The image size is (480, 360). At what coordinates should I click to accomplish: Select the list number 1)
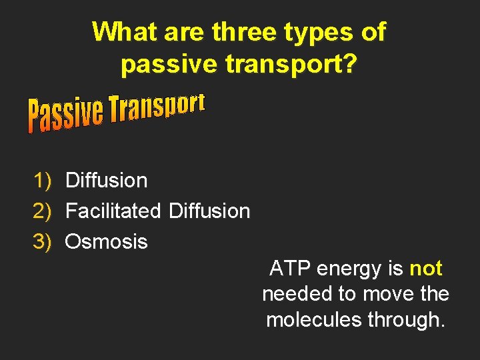pos(43,181)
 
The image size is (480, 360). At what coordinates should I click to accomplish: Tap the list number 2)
pos(43,211)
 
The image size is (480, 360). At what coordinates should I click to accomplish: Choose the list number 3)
pos(43,242)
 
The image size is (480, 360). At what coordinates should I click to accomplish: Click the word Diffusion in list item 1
pos(107,180)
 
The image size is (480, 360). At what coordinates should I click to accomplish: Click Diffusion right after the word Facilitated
pos(209,211)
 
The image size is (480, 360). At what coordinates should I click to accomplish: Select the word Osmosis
pos(107,242)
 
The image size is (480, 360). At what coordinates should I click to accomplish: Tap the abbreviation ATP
pos(290,269)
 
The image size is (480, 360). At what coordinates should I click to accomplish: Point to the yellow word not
pos(425,269)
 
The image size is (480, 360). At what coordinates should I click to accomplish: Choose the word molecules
pos(313,320)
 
